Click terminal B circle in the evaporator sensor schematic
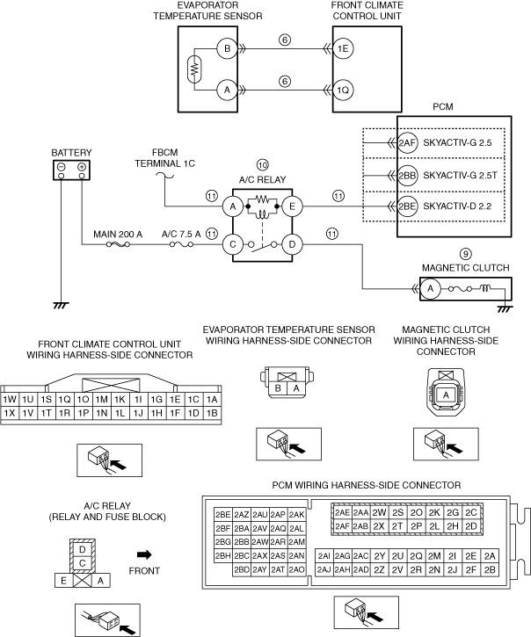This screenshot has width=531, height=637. [x=226, y=49]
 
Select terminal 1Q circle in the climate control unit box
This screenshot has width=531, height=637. [x=344, y=89]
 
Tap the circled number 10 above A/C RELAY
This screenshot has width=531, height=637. [x=262, y=165]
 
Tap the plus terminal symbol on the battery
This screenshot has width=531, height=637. [x=82, y=167]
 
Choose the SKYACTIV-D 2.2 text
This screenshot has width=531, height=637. [x=458, y=206]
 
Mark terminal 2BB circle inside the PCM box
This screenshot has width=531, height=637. [x=407, y=174]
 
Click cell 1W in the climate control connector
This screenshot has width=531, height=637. [x=11, y=399]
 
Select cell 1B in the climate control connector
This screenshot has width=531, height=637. [x=211, y=412]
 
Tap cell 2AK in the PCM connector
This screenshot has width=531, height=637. [x=297, y=514]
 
